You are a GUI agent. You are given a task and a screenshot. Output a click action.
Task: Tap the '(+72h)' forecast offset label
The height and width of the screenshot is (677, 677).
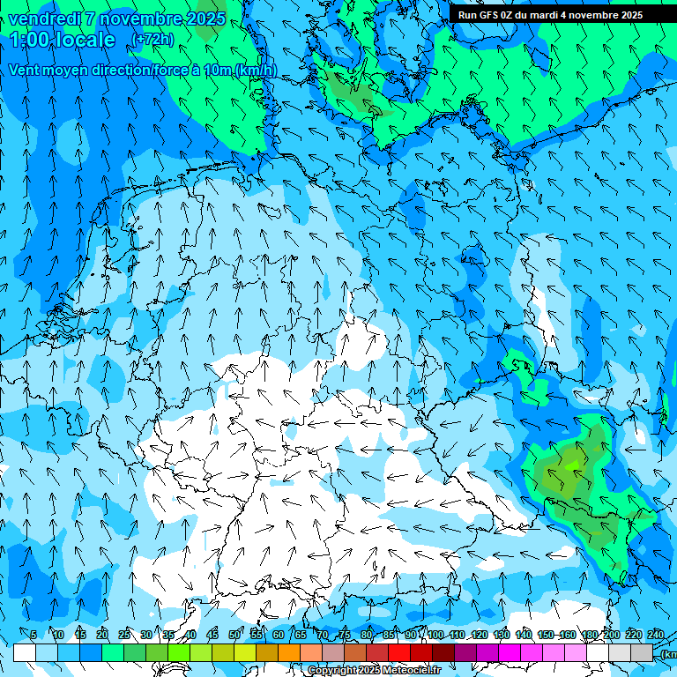[x=153, y=40]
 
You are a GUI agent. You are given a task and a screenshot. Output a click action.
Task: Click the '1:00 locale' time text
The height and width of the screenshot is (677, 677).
[x=63, y=40]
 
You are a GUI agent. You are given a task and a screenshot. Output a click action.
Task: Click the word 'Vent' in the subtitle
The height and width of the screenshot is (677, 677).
[x=26, y=71]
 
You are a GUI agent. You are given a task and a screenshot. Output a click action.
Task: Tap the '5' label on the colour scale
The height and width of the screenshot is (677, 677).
[x=33, y=635]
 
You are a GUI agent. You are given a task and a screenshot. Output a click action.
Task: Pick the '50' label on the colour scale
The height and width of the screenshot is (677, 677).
[x=234, y=635]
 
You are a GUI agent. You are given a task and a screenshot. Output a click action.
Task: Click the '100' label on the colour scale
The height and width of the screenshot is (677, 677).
[x=435, y=635]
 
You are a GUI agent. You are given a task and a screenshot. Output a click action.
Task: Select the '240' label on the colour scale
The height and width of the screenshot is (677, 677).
[x=656, y=635]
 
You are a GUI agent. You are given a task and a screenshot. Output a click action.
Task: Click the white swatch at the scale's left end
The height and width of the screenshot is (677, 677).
[x=24, y=652]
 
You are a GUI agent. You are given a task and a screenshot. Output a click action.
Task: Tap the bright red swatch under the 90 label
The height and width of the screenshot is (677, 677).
[x=400, y=652]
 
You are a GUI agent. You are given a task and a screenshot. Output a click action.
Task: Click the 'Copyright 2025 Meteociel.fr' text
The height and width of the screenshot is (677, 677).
[x=375, y=671]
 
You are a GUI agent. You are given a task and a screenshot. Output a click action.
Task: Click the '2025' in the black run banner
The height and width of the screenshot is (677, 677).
[x=629, y=15]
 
